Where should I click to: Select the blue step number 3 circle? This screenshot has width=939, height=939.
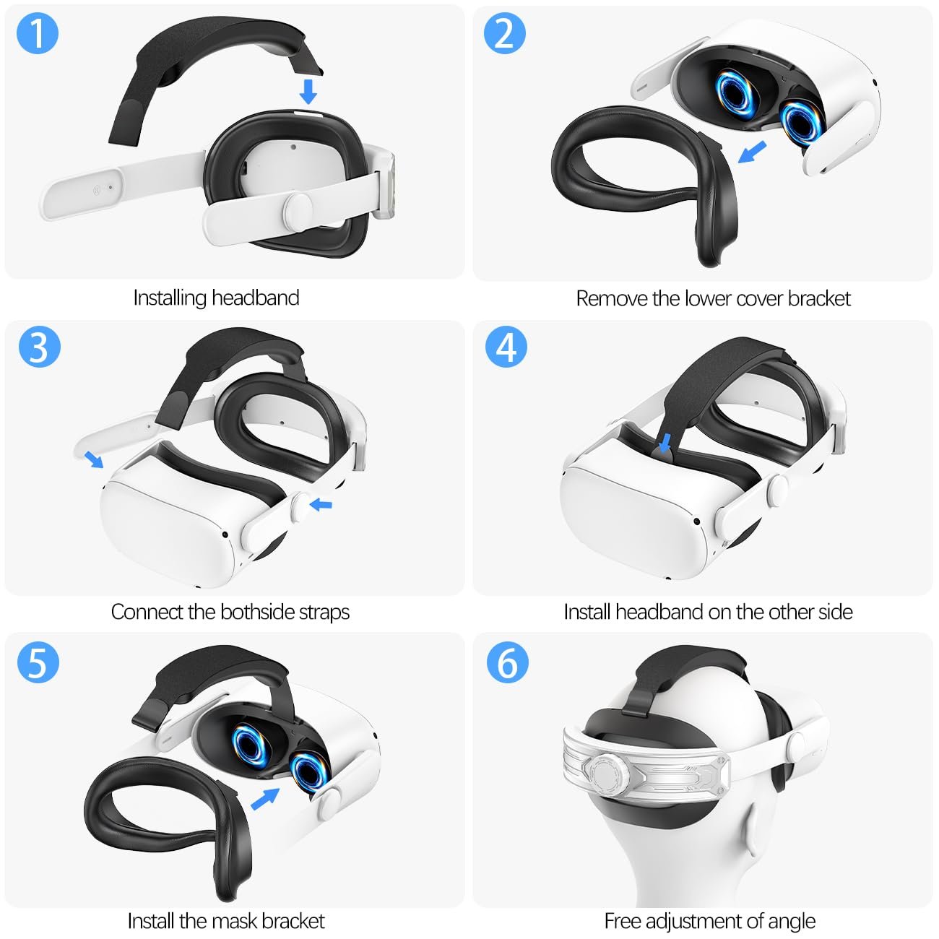[x=38, y=347]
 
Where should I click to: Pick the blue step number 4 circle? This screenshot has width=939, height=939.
[x=506, y=347]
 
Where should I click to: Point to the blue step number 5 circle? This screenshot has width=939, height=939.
[x=38, y=662]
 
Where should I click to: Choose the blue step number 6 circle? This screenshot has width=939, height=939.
[x=506, y=662]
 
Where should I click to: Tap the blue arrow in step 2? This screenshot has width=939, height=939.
[x=753, y=152]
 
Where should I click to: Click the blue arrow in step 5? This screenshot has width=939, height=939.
[x=265, y=799]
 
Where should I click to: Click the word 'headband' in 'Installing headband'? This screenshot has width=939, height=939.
[x=256, y=298]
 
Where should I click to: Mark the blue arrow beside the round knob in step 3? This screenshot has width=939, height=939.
[x=321, y=504]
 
